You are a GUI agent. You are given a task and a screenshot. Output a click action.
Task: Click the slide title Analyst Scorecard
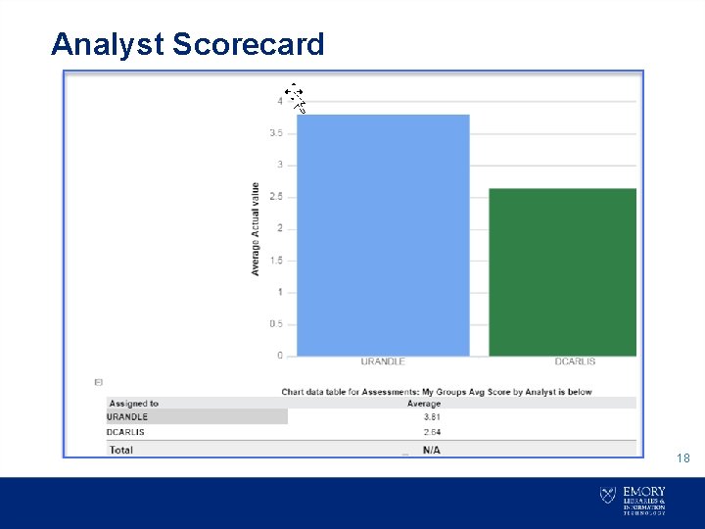[187, 44]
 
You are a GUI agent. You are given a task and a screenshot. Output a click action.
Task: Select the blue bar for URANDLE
[383, 235]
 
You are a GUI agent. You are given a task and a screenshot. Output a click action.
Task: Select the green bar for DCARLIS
[563, 271]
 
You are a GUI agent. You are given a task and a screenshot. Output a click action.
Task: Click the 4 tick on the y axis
[280, 101]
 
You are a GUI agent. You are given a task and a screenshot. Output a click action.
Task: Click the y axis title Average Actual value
[256, 228]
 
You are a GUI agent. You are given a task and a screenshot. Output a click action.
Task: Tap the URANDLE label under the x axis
[383, 362]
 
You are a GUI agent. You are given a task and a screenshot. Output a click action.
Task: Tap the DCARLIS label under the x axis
[575, 362]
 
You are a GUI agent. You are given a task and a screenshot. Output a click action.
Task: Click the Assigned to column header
[134, 404]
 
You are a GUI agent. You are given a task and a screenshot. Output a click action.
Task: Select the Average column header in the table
[424, 404]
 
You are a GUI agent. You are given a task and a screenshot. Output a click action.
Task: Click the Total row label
[121, 450]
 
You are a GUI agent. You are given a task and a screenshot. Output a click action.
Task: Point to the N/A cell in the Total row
[431, 450]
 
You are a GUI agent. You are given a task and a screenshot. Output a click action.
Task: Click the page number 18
[683, 457]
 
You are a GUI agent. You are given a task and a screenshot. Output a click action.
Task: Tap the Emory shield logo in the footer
[607, 496]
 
